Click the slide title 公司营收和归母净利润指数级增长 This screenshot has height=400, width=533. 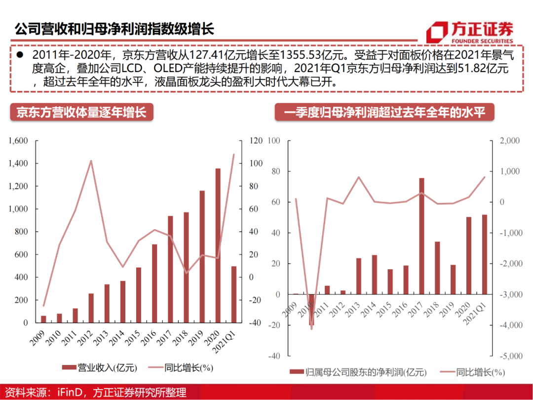(x=114, y=29)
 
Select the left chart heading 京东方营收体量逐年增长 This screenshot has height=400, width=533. (x=81, y=113)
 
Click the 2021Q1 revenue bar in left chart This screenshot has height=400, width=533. (x=234, y=294)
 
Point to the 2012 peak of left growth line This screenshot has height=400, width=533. (x=91, y=160)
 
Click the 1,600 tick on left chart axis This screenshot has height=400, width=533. (x=18, y=141)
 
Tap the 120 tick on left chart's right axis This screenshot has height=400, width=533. (x=255, y=141)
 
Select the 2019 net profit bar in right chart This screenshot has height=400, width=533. (x=453, y=280)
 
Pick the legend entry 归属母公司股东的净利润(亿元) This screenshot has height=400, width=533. (x=358, y=372)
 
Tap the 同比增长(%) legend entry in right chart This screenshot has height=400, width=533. (x=471, y=372)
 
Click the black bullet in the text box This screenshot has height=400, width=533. (x=20, y=54)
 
